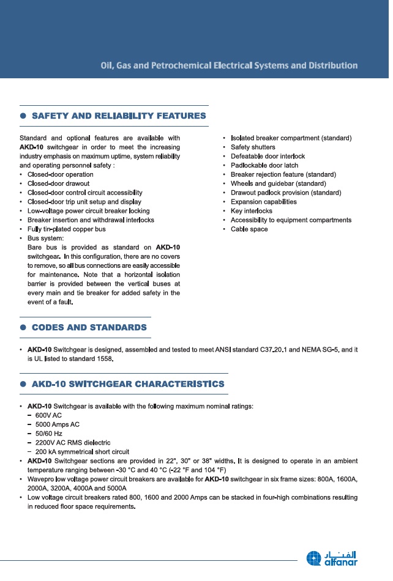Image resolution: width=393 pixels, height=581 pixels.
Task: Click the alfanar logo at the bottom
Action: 332,558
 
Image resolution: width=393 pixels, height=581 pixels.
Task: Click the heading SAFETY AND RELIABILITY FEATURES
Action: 119,116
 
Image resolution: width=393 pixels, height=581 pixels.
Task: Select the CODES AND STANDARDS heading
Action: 89,327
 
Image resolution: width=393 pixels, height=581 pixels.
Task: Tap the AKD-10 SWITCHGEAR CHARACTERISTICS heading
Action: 128,384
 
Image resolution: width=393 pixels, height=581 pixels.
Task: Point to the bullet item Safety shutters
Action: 253,147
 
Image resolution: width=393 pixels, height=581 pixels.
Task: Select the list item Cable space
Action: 249,229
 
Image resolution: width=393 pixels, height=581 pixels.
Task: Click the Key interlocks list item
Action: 252,211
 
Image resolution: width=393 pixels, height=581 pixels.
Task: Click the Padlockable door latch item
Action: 264,166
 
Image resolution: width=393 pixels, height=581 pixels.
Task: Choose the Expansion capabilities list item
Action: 264,202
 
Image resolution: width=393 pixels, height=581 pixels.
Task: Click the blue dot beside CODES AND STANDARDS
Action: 23,327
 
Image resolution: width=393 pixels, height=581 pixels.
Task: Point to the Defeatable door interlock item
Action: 268,157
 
